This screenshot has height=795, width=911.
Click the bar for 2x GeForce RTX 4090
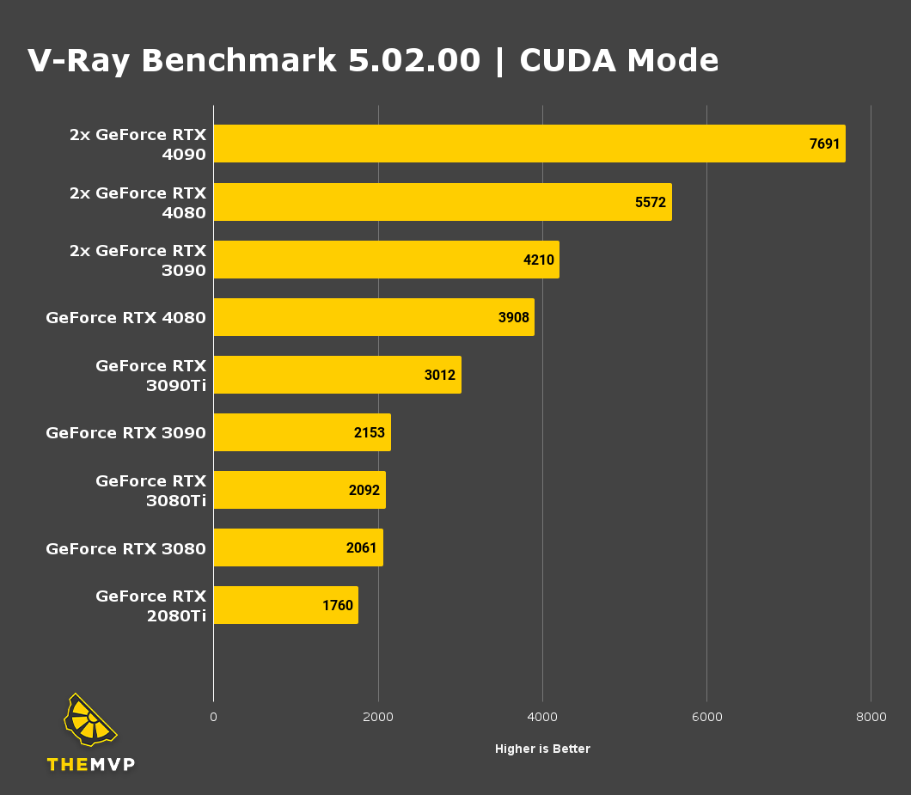pyautogui.click(x=529, y=144)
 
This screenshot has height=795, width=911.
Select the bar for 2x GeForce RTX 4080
pyautogui.click(x=442, y=202)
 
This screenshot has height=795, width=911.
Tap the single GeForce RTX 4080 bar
pyautogui.click(x=373, y=317)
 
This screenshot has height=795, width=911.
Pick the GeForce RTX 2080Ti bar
pyautogui.click(x=285, y=605)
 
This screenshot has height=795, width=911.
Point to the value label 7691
pyautogui.click(x=824, y=144)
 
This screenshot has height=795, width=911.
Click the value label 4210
pyautogui.click(x=539, y=260)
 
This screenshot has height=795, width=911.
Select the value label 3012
pyautogui.click(x=440, y=375)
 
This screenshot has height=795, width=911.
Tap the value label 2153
pyautogui.click(x=370, y=432)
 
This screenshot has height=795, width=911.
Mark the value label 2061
pyautogui.click(x=362, y=547)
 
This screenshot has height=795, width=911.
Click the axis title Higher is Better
pyautogui.click(x=542, y=749)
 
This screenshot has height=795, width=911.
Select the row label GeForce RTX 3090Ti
pyautogui.click(x=150, y=376)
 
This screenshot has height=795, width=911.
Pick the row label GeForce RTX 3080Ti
pyautogui.click(x=150, y=491)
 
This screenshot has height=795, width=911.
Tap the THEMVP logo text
pyautogui.click(x=91, y=764)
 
